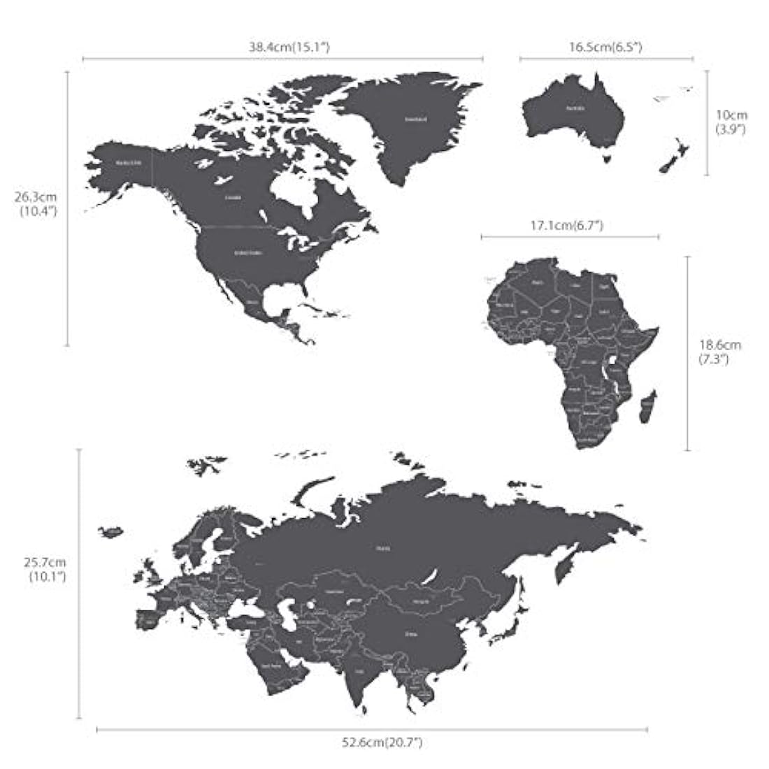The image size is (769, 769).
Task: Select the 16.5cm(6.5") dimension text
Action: point(605,48)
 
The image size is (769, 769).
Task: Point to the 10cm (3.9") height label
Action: point(731,122)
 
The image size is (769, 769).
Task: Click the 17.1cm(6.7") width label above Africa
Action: point(567,225)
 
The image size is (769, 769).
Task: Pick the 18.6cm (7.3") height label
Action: point(719,352)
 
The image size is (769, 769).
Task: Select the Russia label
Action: point(383,549)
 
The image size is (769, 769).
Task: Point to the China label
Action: point(412,634)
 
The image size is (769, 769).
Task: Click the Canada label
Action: point(233,197)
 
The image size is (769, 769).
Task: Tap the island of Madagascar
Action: point(647,408)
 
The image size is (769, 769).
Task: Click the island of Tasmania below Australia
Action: point(609,159)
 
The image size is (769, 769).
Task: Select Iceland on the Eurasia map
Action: point(110,531)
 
